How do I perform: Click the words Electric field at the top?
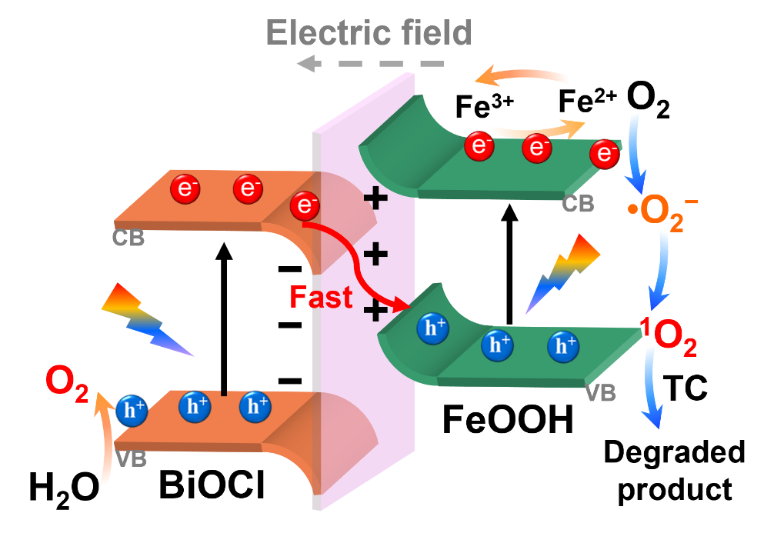[369, 34]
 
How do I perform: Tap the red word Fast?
[321, 297]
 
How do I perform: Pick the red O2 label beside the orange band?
[67, 382]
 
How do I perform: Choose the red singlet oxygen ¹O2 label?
[669, 339]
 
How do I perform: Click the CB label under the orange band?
[128, 238]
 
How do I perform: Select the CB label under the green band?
[578, 204]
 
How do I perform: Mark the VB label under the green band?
[600, 393]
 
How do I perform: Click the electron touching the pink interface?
[305, 206]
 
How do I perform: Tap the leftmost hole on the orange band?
[134, 411]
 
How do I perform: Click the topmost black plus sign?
[375, 200]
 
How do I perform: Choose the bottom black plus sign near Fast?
[375, 311]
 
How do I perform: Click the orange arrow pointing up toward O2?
[103, 446]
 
